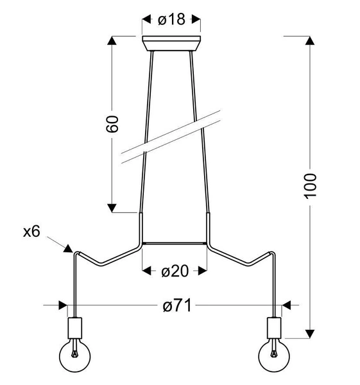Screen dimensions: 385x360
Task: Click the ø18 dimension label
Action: tap(171, 19)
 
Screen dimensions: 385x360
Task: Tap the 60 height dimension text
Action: tap(113, 124)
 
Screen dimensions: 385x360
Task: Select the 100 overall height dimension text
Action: tap(310, 185)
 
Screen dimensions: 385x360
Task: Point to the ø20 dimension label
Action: tap(174, 271)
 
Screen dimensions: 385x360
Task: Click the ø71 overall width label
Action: tap(174, 306)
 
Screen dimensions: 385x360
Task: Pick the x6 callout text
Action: tap(31, 232)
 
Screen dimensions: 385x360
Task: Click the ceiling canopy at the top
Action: tap(171, 44)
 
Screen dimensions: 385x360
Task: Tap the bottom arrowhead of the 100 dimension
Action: tap(310, 333)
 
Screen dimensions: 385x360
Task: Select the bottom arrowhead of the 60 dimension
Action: tap(113, 207)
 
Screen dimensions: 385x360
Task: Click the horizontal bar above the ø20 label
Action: tap(174, 243)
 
